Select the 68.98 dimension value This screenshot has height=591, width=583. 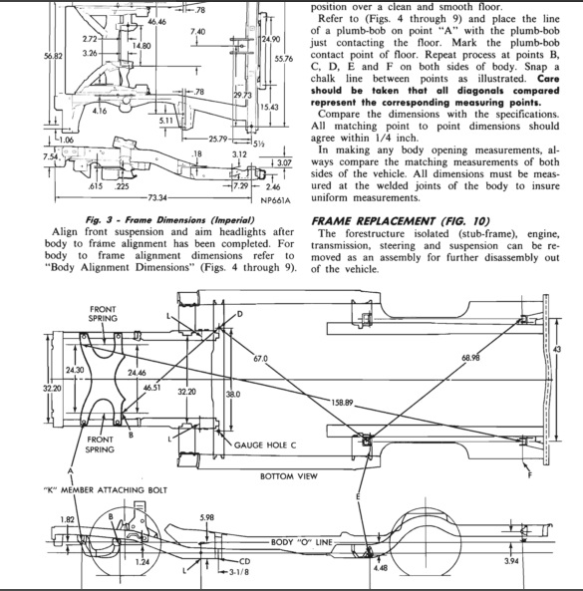(476, 357)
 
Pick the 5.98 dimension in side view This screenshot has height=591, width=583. (207, 516)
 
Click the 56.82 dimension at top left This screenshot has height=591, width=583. (16, 57)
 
